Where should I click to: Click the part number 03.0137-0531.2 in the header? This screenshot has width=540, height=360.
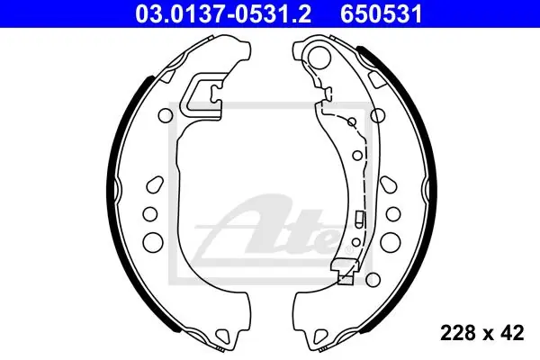click(x=223, y=14)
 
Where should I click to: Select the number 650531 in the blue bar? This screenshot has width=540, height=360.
click(x=382, y=14)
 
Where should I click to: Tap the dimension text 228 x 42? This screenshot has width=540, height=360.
click(x=482, y=333)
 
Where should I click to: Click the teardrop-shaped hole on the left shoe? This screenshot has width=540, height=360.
click(x=155, y=184)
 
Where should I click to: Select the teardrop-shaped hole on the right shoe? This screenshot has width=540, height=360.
click(x=389, y=184)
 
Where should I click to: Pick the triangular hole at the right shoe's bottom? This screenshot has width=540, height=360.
click(x=321, y=335)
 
